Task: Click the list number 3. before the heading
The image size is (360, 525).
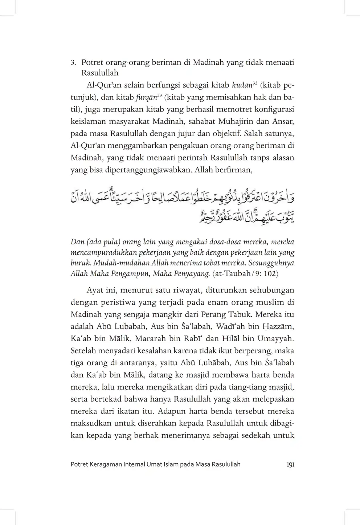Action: coord(73,62)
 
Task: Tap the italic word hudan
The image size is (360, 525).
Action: coord(242,86)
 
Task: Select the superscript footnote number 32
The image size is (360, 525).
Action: coord(255,83)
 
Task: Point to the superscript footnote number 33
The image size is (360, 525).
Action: coord(159,95)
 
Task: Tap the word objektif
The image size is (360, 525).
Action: coord(227,134)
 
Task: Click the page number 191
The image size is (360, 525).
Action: coord(290,464)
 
